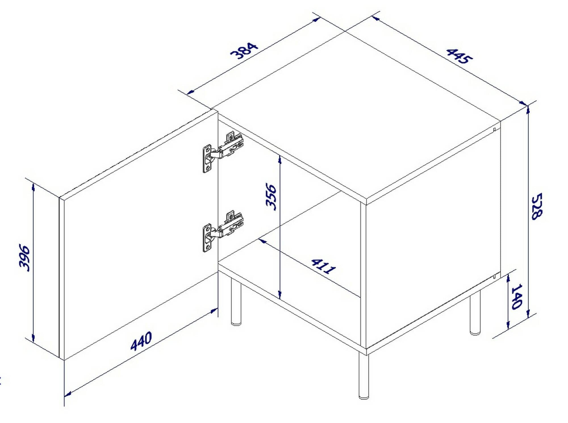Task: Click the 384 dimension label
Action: click(244, 51)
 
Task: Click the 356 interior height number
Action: click(271, 197)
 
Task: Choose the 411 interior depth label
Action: click(323, 266)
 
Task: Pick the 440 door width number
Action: click(141, 341)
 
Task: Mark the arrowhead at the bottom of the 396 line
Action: click(33, 339)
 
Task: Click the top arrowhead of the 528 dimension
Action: click(528, 109)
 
